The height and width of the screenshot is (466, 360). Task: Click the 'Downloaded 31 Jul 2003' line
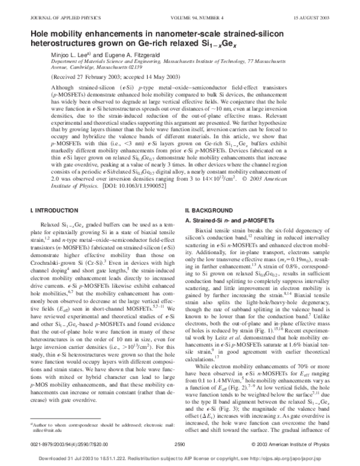coord(180,459)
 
